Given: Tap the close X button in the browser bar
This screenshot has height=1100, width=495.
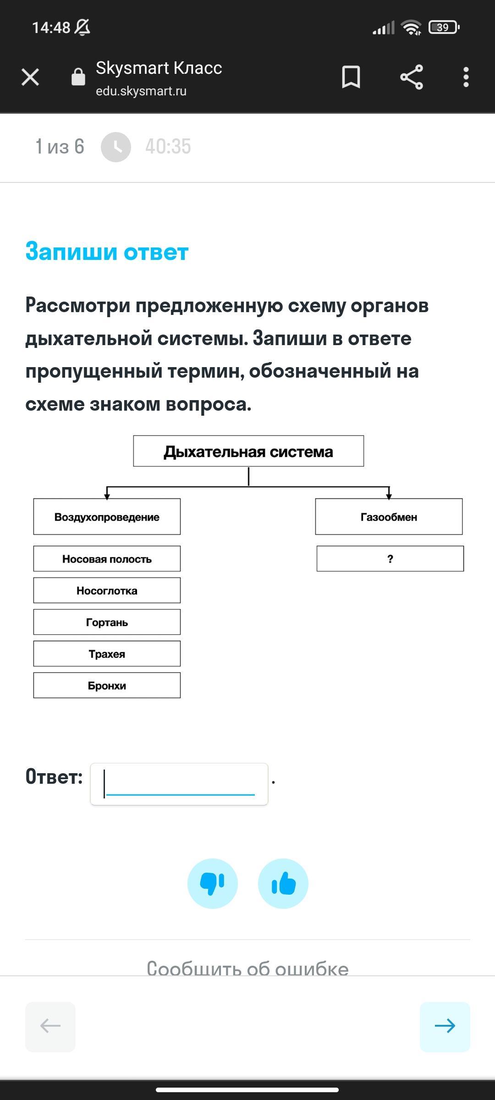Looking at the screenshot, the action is pos(30,77).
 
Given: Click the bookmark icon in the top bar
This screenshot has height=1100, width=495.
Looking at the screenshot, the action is pos(351,77).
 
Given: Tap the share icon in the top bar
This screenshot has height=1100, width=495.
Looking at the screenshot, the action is pos(412,77).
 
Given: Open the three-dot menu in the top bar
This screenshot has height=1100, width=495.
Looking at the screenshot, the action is pos(466,77).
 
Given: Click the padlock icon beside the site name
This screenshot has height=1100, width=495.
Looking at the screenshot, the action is pos(78,77).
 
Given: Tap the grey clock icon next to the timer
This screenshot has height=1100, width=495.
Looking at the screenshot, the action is pos(116,147).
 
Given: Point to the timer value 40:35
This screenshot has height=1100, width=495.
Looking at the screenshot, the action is pos(168,147).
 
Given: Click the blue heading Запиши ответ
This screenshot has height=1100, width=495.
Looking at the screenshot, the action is pos(107,252).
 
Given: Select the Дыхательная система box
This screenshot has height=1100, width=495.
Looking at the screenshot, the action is pos(248,451).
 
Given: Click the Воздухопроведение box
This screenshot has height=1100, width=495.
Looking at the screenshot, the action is pos(107,517).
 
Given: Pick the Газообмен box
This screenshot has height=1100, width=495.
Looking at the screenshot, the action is pos(389,517).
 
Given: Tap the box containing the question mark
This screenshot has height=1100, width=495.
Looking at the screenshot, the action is pos(390,559).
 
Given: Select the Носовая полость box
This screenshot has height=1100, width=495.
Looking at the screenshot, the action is pos(107,559).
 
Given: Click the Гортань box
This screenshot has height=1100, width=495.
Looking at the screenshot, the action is pos(107,622).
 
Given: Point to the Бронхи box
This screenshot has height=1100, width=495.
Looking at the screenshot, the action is pos(107,685).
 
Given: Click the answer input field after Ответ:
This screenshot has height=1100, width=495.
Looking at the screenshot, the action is pos(179,784).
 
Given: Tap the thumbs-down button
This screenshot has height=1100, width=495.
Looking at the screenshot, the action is pos(213,883).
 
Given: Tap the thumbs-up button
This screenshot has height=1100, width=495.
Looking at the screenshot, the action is pos(283,883).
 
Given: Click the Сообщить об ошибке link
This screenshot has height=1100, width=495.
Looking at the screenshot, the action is pos(247,968).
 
